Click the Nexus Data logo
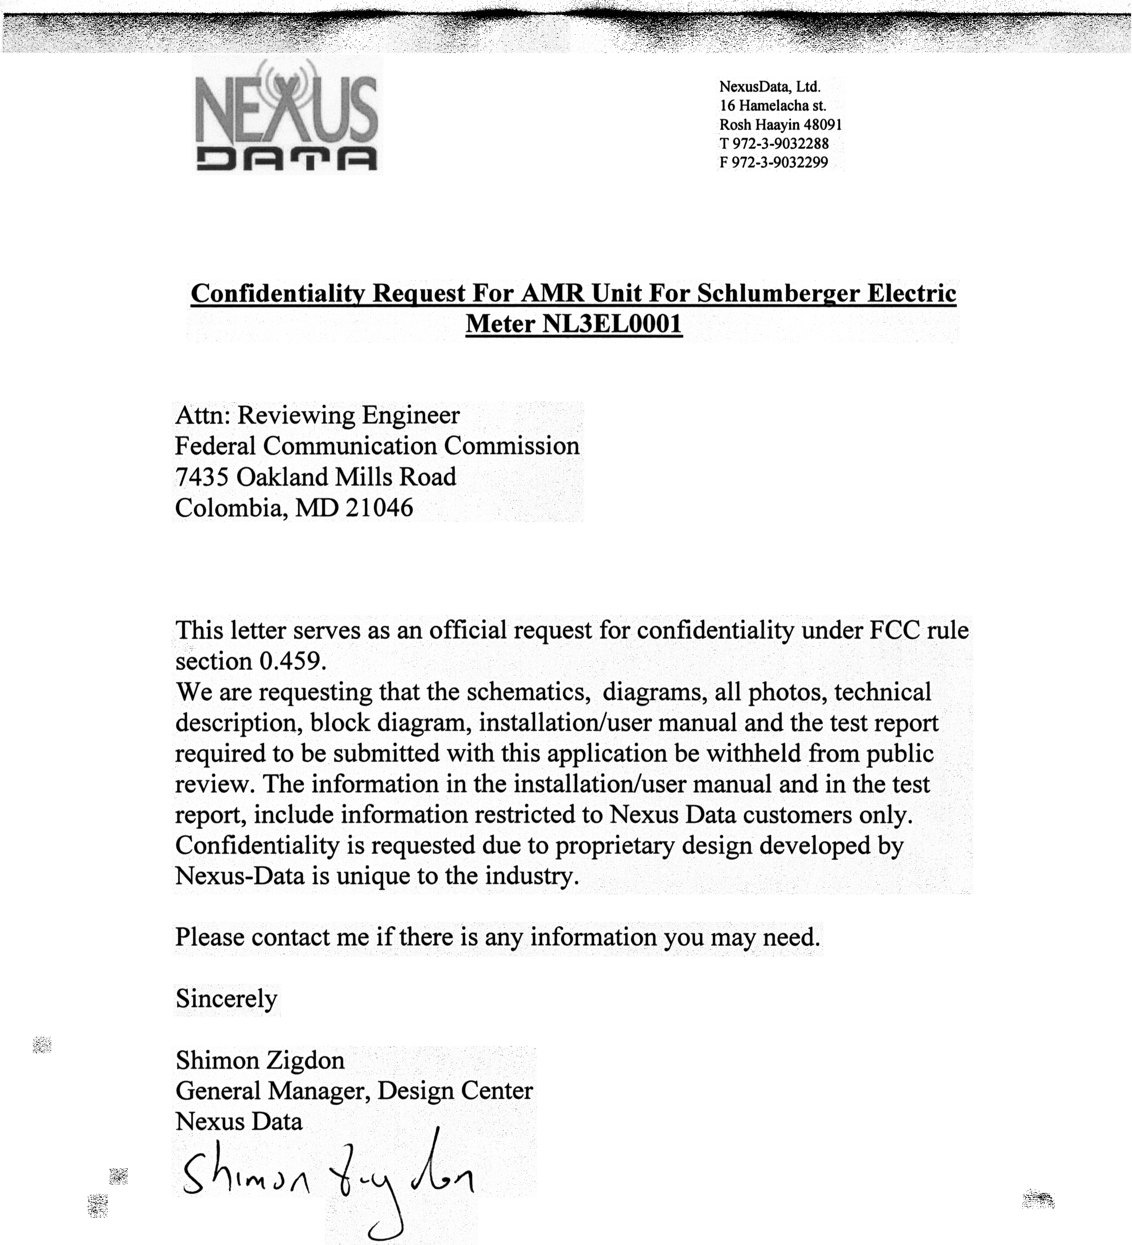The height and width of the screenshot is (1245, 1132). coord(287,116)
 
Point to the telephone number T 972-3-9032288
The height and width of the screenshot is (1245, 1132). coord(774,144)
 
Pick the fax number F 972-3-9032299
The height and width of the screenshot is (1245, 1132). coord(773,163)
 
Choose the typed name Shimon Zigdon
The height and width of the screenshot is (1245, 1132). coord(260,1060)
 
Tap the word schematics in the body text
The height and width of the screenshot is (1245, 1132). coord(525,692)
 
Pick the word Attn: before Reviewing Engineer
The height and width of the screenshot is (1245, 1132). coord(203,415)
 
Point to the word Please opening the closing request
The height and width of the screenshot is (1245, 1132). coord(210,937)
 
